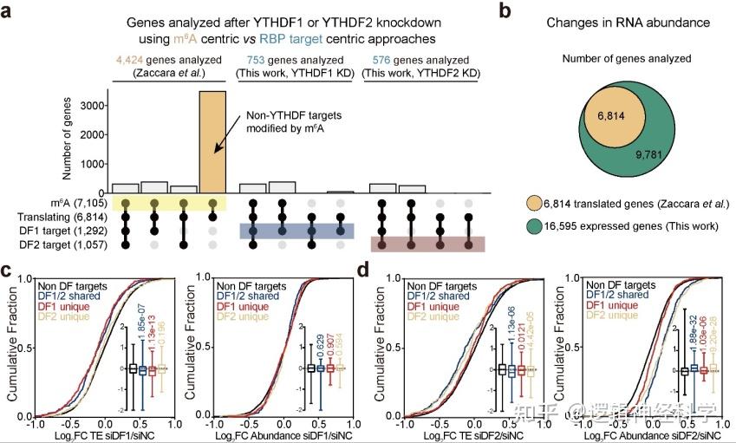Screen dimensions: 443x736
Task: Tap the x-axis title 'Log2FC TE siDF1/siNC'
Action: coord(103,434)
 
